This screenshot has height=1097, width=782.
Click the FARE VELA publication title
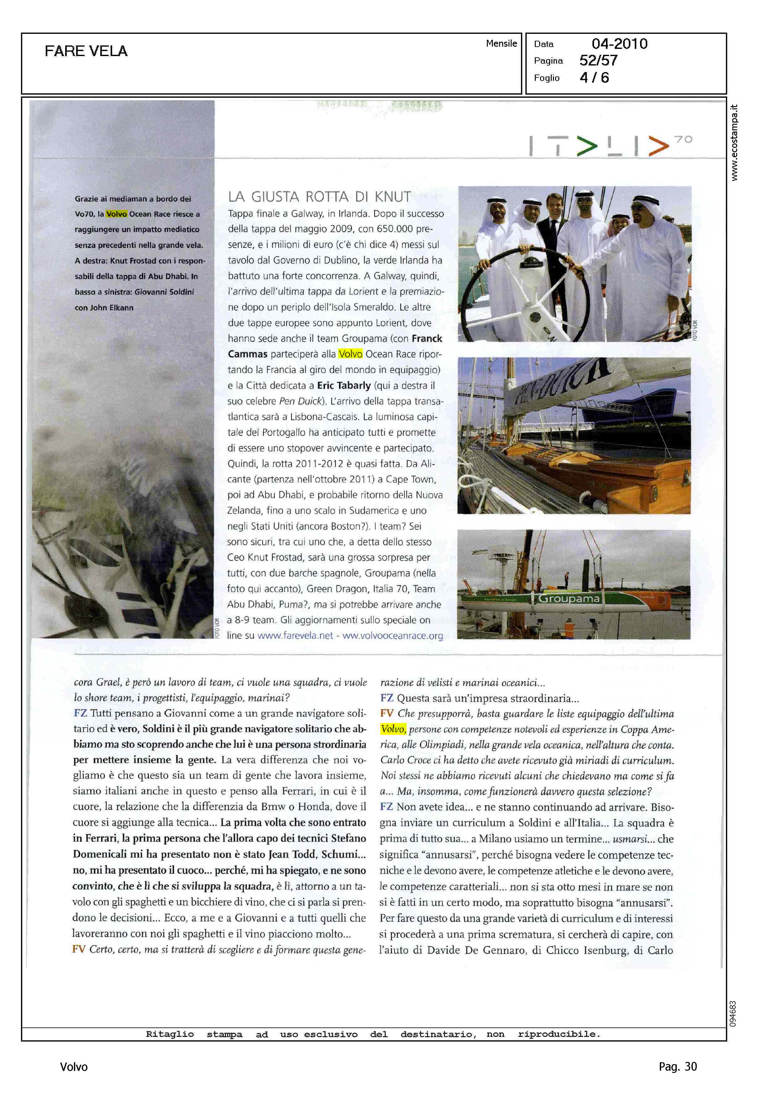(86, 51)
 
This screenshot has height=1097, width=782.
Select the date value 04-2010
(619, 44)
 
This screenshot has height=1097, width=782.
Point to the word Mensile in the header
(501, 43)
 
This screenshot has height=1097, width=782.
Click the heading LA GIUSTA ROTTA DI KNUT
(319, 196)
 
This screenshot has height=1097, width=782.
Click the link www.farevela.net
(295, 635)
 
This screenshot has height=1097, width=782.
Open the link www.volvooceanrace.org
(393, 635)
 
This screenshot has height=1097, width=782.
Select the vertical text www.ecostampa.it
(733, 143)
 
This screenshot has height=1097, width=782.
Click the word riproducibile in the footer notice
(559, 1034)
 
